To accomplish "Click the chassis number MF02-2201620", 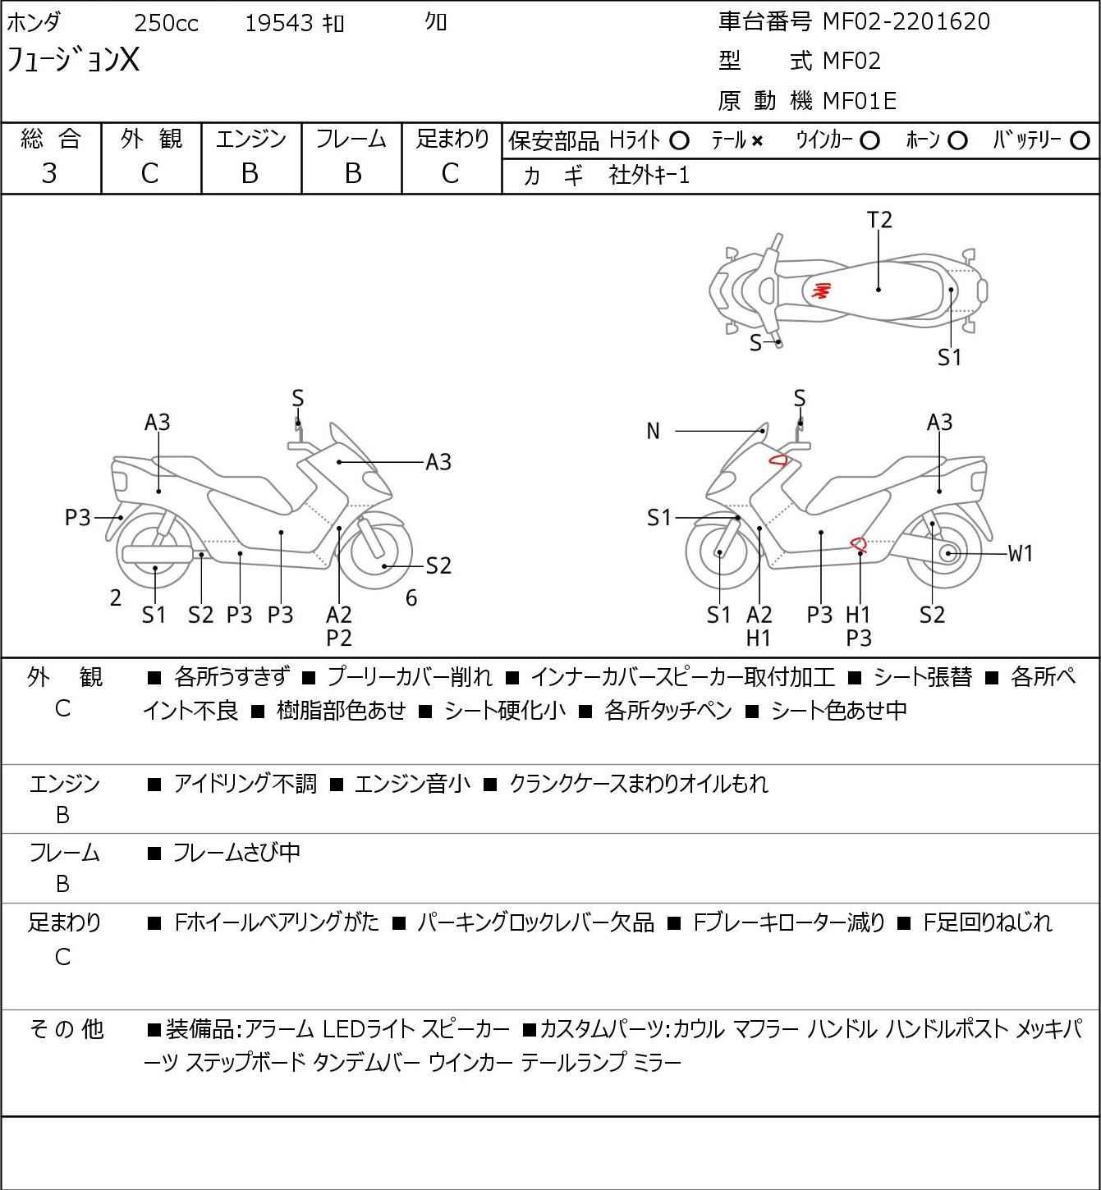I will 906,21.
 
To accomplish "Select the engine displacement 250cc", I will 166,23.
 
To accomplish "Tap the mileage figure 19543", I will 279,23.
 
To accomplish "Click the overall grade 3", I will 49,173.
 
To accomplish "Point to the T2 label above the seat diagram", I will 879,220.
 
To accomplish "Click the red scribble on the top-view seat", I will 821,290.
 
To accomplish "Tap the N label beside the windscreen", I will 653,431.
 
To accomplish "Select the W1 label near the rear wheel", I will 1020,554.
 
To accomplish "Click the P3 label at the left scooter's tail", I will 77,518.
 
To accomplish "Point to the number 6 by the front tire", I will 411,598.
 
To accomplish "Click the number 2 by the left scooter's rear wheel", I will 116,598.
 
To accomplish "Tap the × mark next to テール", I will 757,141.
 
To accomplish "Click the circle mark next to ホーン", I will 957,141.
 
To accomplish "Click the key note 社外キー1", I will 649,175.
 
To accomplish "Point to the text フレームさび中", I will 236,853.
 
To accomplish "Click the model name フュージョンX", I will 73,60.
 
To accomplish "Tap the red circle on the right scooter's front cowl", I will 778,460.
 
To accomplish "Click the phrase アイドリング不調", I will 245,784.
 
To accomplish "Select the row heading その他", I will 66,1028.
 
